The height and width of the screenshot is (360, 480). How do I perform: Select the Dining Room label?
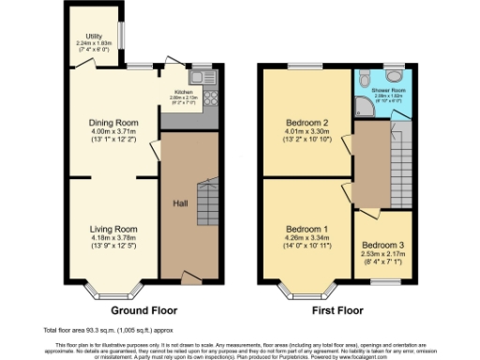113,123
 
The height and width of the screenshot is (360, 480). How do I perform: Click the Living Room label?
113,229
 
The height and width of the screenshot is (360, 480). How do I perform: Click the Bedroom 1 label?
307,230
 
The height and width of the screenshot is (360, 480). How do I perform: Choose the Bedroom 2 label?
307,123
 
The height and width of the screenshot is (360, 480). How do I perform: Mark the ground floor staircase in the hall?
207,202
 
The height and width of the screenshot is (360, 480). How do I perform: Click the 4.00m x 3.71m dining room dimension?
113,132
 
